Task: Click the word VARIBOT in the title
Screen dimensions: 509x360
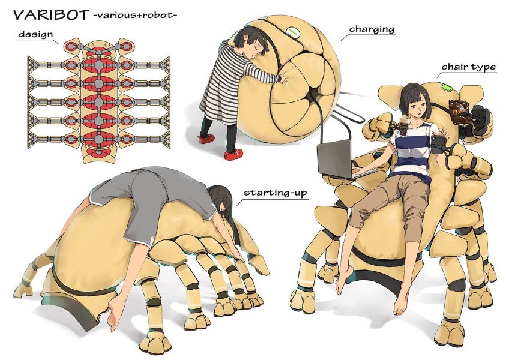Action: click(x=50, y=15)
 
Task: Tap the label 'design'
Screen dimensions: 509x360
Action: click(x=35, y=34)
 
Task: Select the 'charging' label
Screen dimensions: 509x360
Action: click(x=372, y=29)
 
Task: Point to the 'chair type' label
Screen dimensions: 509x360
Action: click(x=468, y=67)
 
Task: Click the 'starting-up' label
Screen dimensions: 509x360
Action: click(x=275, y=192)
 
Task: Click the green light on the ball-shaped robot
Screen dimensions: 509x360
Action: click(x=294, y=32)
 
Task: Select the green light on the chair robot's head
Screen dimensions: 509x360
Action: click(x=447, y=88)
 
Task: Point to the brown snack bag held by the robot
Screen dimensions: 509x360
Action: click(x=459, y=112)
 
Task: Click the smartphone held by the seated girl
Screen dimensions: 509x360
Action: click(x=437, y=143)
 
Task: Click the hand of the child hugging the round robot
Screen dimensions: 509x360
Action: click(x=283, y=78)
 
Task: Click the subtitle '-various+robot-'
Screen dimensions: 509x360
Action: click(x=134, y=16)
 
